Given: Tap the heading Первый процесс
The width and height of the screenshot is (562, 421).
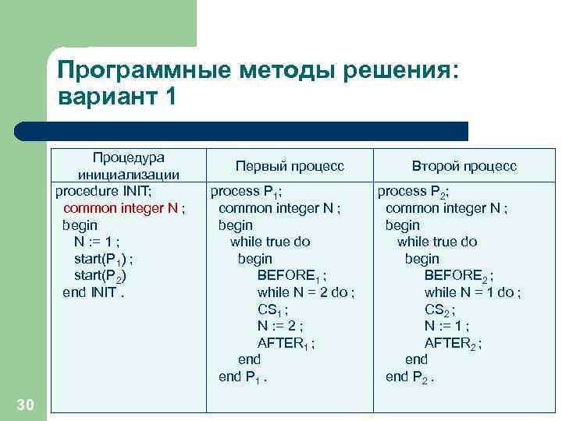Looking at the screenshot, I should tap(290, 166).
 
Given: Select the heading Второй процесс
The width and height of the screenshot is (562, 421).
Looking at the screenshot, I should tap(464, 166).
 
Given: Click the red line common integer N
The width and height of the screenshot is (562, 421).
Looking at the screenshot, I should tap(123, 207).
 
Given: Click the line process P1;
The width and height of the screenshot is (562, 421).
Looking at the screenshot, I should tap(247, 191).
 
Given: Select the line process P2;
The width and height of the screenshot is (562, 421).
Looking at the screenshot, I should tap(414, 191).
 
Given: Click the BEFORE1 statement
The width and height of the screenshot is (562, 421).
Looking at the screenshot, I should tap(292, 276).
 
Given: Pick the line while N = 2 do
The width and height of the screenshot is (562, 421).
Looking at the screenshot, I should tap(306, 292).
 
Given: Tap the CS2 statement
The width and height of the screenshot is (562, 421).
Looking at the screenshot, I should tap(439, 310).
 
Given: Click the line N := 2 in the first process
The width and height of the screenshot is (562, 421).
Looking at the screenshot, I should tap(280, 326).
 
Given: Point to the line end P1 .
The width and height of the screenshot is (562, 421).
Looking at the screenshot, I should tap(243, 377).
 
